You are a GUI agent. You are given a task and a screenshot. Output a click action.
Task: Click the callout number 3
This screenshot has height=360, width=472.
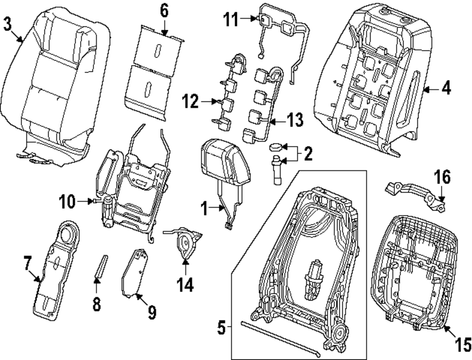[x=8, y=24]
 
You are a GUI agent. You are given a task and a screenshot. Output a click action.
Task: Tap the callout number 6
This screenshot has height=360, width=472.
[x=164, y=11]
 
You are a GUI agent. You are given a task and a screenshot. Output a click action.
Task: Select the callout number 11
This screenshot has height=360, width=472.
[x=231, y=19]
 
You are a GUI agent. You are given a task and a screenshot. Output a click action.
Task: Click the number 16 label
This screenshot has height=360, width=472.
[x=442, y=176]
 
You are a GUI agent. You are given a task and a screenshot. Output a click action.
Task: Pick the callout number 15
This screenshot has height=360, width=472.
[x=463, y=344]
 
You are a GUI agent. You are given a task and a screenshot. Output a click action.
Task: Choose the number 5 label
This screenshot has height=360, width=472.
[x=221, y=327]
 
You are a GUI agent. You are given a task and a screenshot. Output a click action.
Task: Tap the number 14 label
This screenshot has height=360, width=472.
[x=185, y=285]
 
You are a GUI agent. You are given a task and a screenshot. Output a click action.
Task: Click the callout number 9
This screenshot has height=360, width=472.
[x=152, y=312]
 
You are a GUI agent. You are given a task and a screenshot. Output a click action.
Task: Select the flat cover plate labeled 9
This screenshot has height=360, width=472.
[x=135, y=273]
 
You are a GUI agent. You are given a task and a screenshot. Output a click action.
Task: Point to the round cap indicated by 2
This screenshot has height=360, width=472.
[x=276, y=147]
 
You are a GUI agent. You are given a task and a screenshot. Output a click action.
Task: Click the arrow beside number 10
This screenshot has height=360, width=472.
[x=85, y=201]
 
